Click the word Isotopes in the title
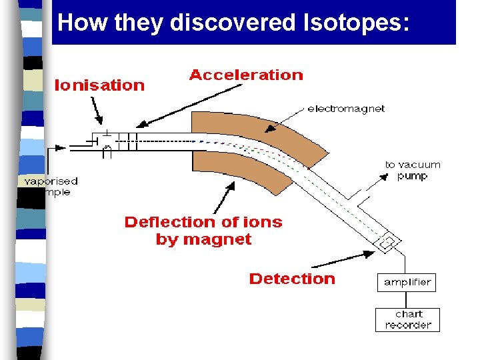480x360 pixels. point(352,23)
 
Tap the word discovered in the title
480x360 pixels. point(232,23)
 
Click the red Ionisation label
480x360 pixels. point(99,85)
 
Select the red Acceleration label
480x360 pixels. point(245,75)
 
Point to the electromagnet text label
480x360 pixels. point(345,109)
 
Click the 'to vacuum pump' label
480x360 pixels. point(412,170)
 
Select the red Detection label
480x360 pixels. point(291,279)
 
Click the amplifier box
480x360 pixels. point(407,283)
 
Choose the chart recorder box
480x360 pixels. point(408,320)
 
